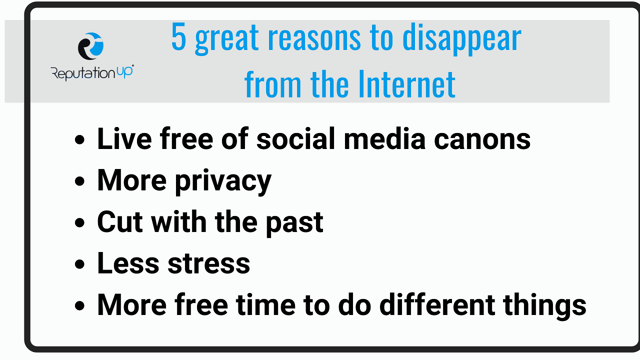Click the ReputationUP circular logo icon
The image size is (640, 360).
(x=91, y=46)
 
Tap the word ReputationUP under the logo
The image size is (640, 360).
(x=92, y=73)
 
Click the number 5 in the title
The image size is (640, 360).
(x=178, y=37)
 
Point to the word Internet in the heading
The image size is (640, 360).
(x=407, y=84)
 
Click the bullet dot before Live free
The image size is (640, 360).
(x=79, y=139)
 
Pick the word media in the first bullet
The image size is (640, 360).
(x=384, y=138)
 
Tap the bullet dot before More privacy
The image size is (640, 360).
(x=79, y=181)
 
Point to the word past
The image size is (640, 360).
(x=294, y=223)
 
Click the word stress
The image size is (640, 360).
(x=209, y=264)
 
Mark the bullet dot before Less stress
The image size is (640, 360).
(x=79, y=264)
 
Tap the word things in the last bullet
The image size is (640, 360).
(x=545, y=306)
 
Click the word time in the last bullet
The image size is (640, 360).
(x=265, y=304)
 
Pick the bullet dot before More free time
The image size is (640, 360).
(x=79, y=305)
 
